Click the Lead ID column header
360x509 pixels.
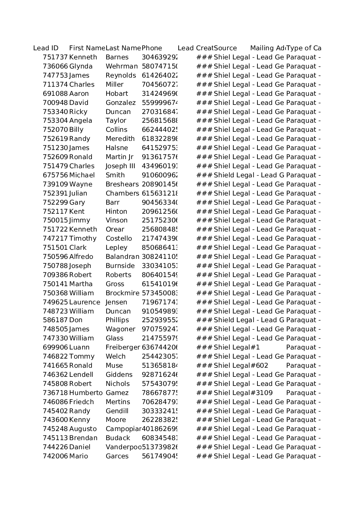click(46, 48)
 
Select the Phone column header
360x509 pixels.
click(152, 48)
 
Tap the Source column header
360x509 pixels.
click(225, 48)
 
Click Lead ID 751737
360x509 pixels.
click(55, 57)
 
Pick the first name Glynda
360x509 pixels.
click(81, 66)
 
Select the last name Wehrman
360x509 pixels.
click(122, 66)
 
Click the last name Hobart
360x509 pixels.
click(116, 94)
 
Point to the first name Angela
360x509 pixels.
click(81, 121)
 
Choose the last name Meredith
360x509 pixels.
click(120, 139)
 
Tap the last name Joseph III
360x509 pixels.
click(120, 166)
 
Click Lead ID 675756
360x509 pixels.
click(55, 175)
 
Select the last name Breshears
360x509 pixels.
click(122, 184)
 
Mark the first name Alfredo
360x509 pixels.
click(81, 257)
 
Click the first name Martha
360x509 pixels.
click(81, 284)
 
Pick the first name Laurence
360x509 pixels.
click(84, 302)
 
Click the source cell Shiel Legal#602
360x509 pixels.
click(241, 366)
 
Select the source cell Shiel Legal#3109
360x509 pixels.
click(243, 393)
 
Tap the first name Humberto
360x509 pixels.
click(86, 393)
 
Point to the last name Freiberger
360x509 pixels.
click(123, 348)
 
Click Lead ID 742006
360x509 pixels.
click(55, 456)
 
